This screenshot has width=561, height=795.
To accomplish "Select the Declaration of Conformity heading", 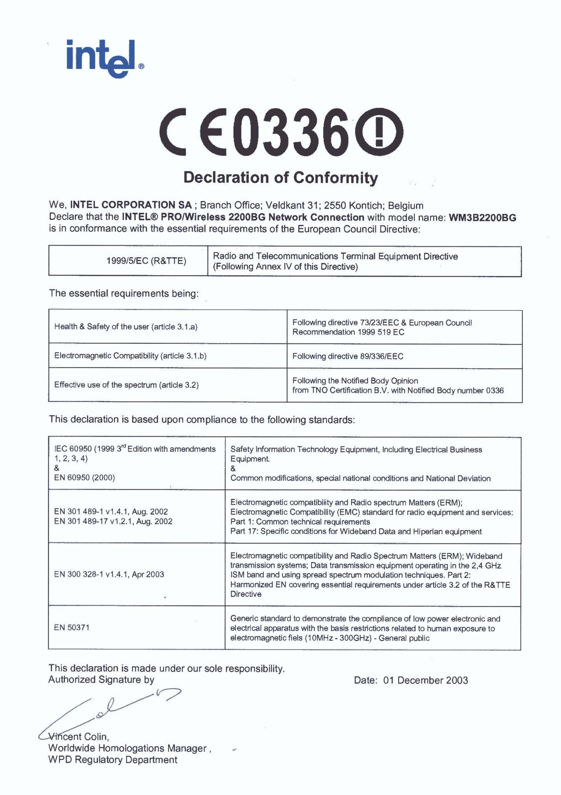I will click(280, 177).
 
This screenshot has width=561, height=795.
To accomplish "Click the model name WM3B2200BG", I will click(482, 217).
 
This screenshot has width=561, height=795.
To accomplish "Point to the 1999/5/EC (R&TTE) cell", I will click(146, 261).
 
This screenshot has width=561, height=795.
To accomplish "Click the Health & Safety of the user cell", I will click(126, 327).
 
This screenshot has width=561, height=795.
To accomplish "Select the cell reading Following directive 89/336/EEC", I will click(347, 356).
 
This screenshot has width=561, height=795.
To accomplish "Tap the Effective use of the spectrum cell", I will click(126, 385).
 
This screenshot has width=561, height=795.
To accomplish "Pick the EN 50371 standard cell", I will click(72, 628).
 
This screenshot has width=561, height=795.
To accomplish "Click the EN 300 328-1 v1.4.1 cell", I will click(109, 574).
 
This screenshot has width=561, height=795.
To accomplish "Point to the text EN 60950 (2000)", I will click(84, 477).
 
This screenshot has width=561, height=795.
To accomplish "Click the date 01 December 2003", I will click(426, 680).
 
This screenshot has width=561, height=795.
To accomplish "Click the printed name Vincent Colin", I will click(79, 736).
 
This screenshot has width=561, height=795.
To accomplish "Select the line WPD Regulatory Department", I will click(113, 760).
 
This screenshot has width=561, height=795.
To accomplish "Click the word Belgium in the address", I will click(406, 205).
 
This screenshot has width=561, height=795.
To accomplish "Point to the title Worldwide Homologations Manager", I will click(128, 748).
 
